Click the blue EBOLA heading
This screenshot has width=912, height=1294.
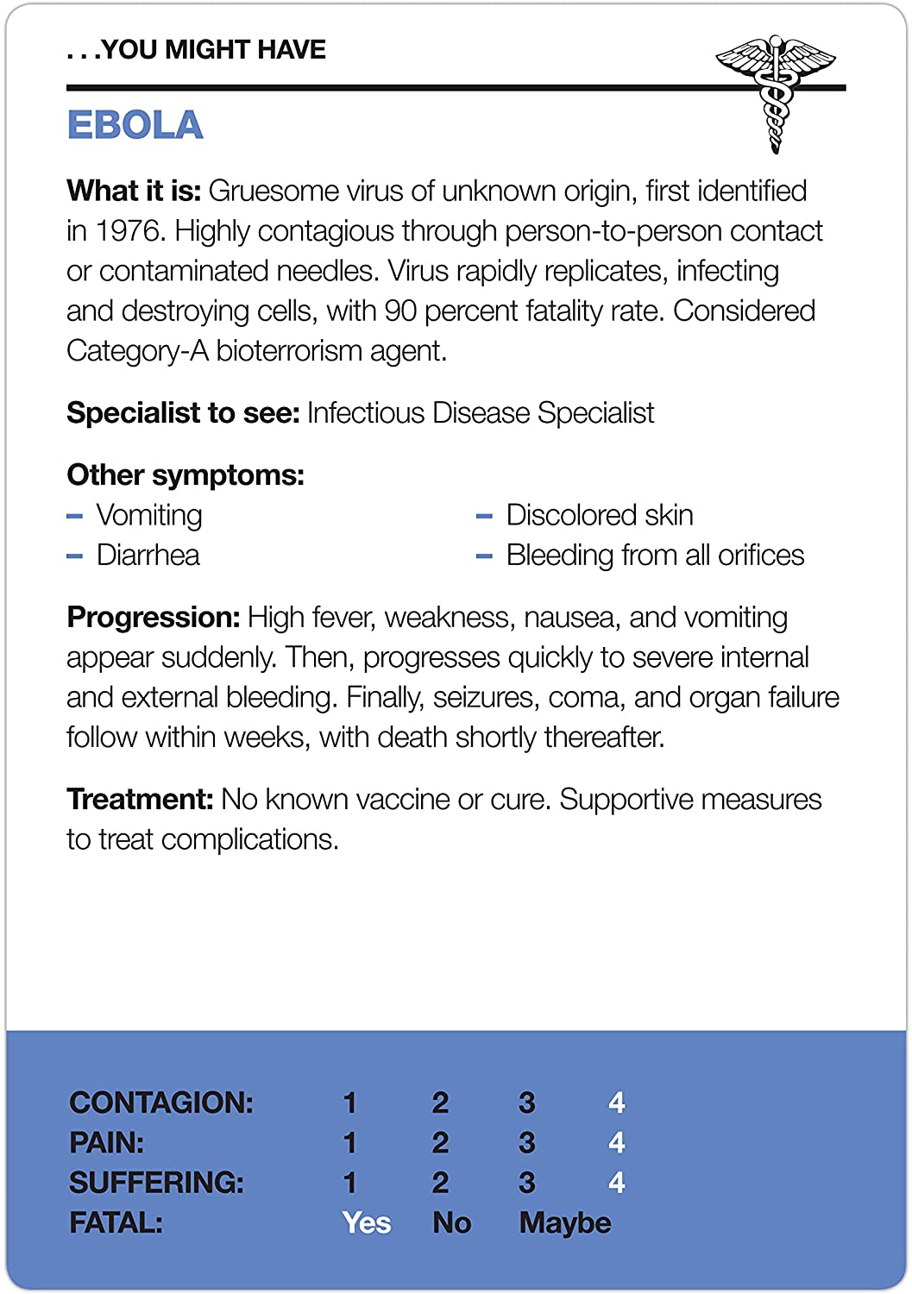pyautogui.click(x=135, y=125)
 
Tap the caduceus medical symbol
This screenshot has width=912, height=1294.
pyautogui.click(x=776, y=91)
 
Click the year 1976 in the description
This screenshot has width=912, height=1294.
pyautogui.click(x=129, y=231)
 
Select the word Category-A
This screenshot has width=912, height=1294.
pyautogui.click(x=137, y=351)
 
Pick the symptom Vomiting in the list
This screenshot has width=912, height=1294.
pyautogui.click(x=149, y=515)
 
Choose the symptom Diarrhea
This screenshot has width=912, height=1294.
pyautogui.click(x=148, y=555)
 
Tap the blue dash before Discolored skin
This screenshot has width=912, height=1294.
pyautogui.click(x=484, y=517)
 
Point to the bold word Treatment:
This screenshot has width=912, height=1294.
pyautogui.click(x=140, y=800)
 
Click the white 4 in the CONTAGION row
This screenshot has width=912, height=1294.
pyautogui.click(x=616, y=1102)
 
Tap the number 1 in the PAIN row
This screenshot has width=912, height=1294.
pyautogui.click(x=349, y=1143)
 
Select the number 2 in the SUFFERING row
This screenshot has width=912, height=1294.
pyautogui.click(x=440, y=1183)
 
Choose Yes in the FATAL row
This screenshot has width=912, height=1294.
pyautogui.click(x=367, y=1223)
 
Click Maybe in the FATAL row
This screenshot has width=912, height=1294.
pyautogui.click(x=565, y=1223)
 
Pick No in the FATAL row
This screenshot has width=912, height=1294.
pyautogui.click(x=452, y=1223)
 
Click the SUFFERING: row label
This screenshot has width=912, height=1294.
pyautogui.click(x=156, y=1183)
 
